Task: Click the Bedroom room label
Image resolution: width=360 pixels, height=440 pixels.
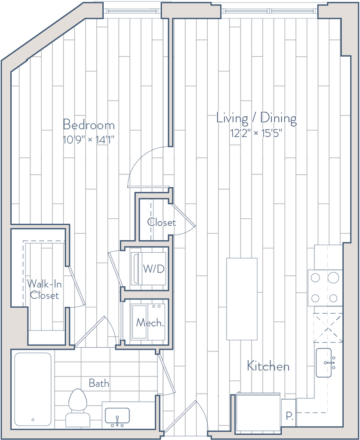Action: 89,125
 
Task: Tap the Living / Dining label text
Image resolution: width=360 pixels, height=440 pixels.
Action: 256,118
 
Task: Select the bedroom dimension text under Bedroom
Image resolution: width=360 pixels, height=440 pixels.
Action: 89,140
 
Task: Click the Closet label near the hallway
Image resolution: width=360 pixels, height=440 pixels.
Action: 161,223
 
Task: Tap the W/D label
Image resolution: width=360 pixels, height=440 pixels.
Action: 154,270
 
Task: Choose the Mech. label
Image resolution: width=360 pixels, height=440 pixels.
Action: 149,323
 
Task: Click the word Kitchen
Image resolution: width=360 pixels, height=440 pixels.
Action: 268,367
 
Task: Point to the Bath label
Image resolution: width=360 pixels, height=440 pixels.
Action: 98,383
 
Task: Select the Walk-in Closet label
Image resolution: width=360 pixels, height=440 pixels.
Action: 43,289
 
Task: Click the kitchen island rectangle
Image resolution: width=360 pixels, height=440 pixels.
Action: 242,298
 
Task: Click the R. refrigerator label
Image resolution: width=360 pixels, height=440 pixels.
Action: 289,416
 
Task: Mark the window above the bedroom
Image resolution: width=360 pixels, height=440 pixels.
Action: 132,9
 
